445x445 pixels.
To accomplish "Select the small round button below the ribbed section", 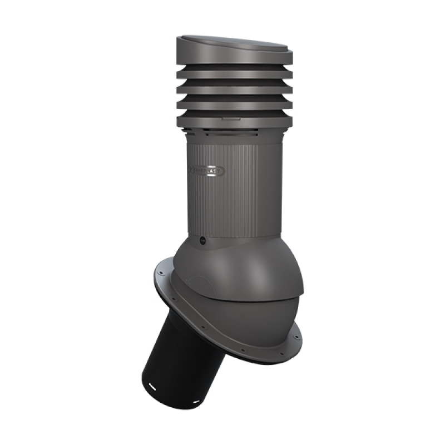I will tap(202, 240).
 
